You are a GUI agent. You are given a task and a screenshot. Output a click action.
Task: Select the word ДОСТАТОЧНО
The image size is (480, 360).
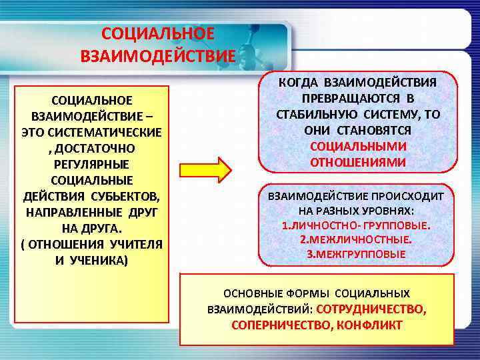tap(95, 147)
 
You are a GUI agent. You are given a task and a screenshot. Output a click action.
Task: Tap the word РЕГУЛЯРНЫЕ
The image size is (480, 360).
tap(91, 163)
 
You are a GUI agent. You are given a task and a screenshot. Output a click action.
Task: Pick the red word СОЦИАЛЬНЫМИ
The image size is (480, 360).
tap(358, 146)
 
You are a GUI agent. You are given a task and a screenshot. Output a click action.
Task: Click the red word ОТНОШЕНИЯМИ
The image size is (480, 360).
tap(358, 162)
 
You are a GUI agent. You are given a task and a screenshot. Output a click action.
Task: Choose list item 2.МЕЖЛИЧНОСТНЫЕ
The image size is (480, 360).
tap(356, 239)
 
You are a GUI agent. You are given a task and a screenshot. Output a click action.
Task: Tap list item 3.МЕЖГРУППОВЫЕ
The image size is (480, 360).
tap(356, 254)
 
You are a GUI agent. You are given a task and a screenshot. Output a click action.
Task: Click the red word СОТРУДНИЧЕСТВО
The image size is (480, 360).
tap(371, 309)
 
